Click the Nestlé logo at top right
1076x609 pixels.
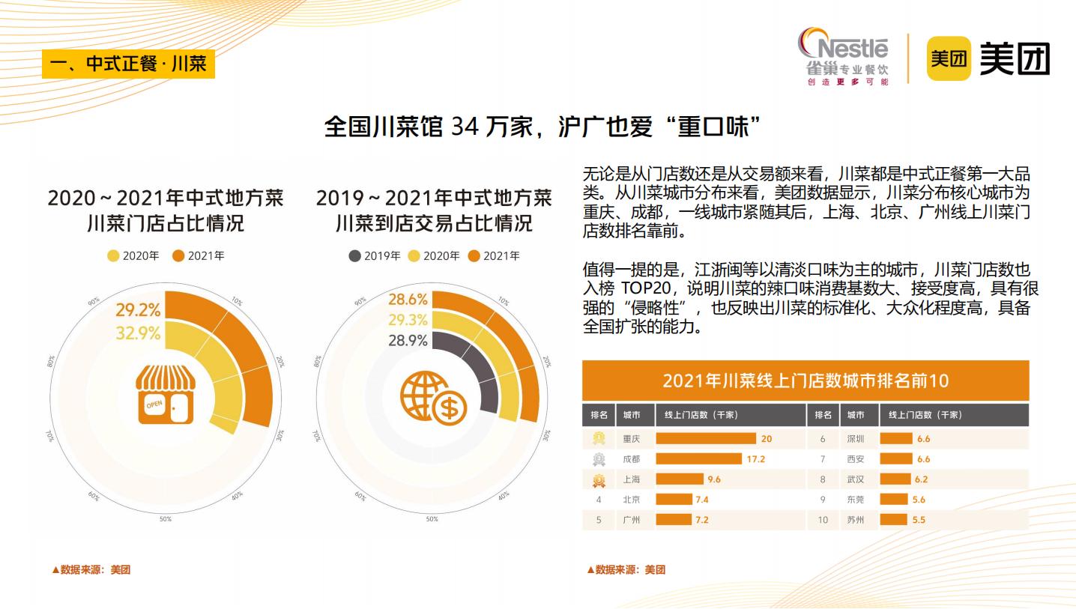pyautogui.click(x=843, y=57)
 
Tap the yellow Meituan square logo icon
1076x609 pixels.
pyautogui.click(x=949, y=58)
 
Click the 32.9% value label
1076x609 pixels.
pyautogui.click(x=138, y=333)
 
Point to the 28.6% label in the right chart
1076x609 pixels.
pyautogui.click(x=408, y=300)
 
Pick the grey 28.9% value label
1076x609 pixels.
pyautogui.click(x=408, y=341)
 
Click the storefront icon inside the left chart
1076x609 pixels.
pyautogui.click(x=165, y=395)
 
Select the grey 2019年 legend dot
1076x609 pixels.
pyautogui.click(x=355, y=256)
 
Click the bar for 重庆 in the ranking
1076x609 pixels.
pyautogui.click(x=706, y=439)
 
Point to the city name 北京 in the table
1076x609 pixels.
pyautogui.click(x=631, y=500)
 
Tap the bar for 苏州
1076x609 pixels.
pyautogui.click(x=895, y=520)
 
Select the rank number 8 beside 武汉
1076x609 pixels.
pyautogui.click(x=823, y=479)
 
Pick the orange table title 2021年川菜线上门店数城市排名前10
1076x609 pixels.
pyautogui.click(x=805, y=381)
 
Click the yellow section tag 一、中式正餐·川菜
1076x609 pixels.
pyautogui.click(x=128, y=64)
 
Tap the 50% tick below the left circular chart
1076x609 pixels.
pyautogui.click(x=165, y=519)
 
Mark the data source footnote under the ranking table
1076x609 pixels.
pyautogui.click(x=626, y=570)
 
